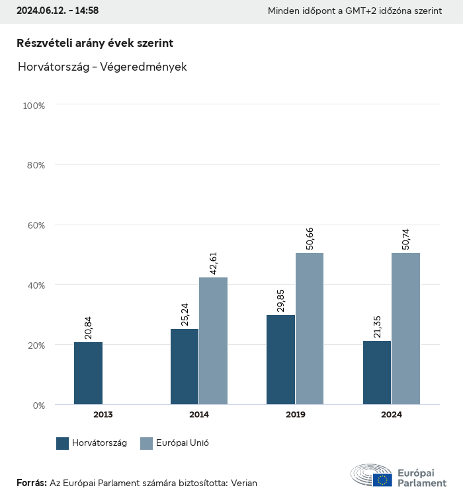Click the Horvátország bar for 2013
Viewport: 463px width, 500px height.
(89, 373)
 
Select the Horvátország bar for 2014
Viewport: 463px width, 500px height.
(185, 367)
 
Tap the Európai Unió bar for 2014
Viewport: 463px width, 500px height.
(213, 341)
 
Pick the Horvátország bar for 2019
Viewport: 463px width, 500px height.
(281, 360)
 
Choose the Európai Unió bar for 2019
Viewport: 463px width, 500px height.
(310, 329)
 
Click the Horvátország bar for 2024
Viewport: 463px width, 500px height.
(377, 373)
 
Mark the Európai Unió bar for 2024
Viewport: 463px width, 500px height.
(405, 329)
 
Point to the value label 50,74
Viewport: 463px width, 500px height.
(405, 235)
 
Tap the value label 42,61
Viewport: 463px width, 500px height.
(213, 260)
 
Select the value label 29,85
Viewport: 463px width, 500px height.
(281, 297)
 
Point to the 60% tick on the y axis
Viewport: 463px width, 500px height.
(34, 225)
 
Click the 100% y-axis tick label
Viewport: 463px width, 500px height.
(33, 106)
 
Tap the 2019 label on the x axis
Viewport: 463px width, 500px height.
(295, 415)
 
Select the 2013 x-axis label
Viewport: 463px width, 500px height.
(103, 415)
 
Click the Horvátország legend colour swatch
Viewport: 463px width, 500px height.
(63, 443)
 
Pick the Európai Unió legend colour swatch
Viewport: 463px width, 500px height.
(147, 443)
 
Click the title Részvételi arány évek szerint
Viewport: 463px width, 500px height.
(95, 43)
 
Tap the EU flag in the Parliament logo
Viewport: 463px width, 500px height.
(382, 480)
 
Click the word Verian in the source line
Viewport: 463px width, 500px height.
(244, 483)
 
